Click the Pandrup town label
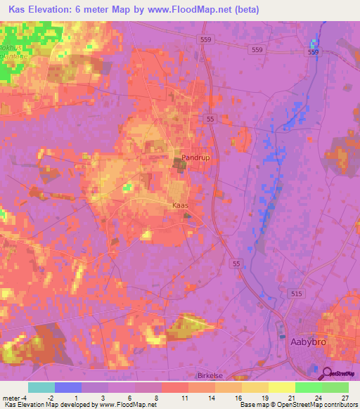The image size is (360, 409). (x=195, y=158)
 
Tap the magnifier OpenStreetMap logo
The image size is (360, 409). (x=340, y=374)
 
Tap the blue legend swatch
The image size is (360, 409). (x=67, y=387)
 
